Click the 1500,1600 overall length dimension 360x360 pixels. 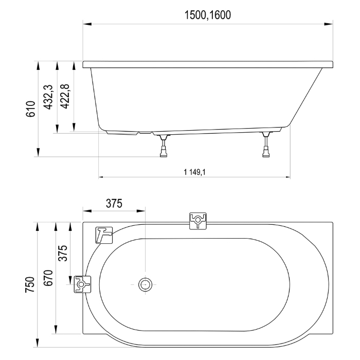[x=208, y=15]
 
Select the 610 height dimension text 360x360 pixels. [x=30, y=109]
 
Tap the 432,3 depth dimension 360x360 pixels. [x=48, y=97]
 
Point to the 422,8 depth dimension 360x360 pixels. [x=64, y=96]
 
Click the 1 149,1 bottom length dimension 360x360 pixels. [x=194, y=172]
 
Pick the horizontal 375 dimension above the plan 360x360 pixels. [x=114, y=204]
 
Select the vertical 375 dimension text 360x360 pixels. [x=63, y=253]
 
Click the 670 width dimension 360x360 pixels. [x=48, y=278]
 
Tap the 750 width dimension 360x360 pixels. [x=30, y=284]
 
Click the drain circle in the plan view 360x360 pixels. [x=146, y=284]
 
